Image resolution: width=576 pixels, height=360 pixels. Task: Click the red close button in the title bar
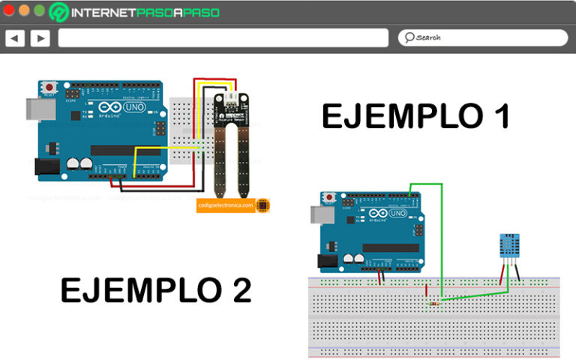[x=10, y=10]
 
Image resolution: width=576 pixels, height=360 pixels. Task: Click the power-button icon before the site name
[x=59, y=12]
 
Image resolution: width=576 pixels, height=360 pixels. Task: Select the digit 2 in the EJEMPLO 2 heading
[x=241, y=289]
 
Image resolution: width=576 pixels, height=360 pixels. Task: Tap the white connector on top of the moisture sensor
[x=231, y=97]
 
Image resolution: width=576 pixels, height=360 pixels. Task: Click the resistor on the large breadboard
[x=434, y=302]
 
